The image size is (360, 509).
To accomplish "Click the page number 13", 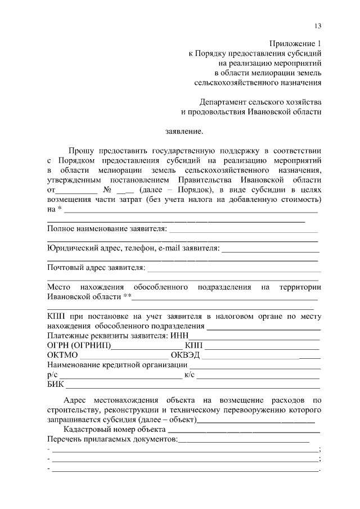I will pyautogui.click(x=318, y=26).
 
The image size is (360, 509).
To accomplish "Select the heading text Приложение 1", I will pyautogui.click(x=295, y=43).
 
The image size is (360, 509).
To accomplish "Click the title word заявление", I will pyautogui.click(x=183, y=132).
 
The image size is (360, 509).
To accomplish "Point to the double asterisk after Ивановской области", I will pyautogui.click(x=127, y=296).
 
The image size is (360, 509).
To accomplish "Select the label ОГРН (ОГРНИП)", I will pyautogui.click(x=79, y=345).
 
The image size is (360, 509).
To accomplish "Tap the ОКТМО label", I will pyautogui.click(x=62, y=355).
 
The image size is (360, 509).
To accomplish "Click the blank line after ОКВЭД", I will pyautogui.click(x=261, y=357).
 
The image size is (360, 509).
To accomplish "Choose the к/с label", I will pyautogui.click(x=190, y=375).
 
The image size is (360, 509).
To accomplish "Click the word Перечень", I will pyautogui.click(x=65, y=439).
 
